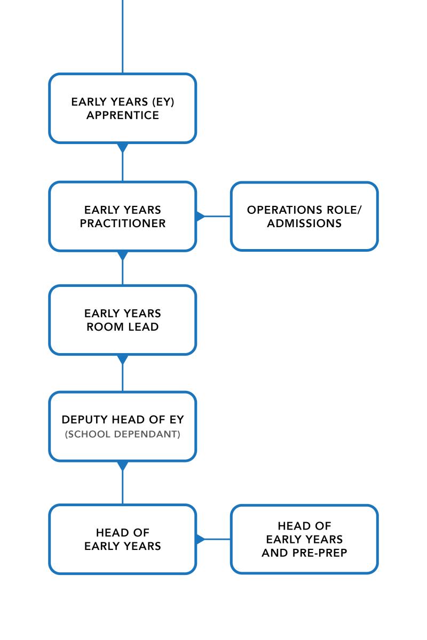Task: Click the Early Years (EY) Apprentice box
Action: point(123,108)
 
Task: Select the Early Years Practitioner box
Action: point(123,216)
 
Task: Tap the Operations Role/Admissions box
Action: point(304,216)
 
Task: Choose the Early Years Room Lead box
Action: point(123,320)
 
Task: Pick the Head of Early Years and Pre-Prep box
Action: point(304,539)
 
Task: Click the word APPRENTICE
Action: point(123,115)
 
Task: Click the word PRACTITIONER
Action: point(123,223)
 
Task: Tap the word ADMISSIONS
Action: point(304,223)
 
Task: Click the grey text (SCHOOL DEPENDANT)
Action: point(123,434)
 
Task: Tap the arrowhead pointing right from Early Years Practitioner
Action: point(200,217)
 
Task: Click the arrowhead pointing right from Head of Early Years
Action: point(200,539)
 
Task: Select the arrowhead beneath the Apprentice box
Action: point(123,147)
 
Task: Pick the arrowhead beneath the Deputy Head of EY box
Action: point(123,466)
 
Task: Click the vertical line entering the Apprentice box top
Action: point(123,37)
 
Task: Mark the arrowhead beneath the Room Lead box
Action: point(123,359)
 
